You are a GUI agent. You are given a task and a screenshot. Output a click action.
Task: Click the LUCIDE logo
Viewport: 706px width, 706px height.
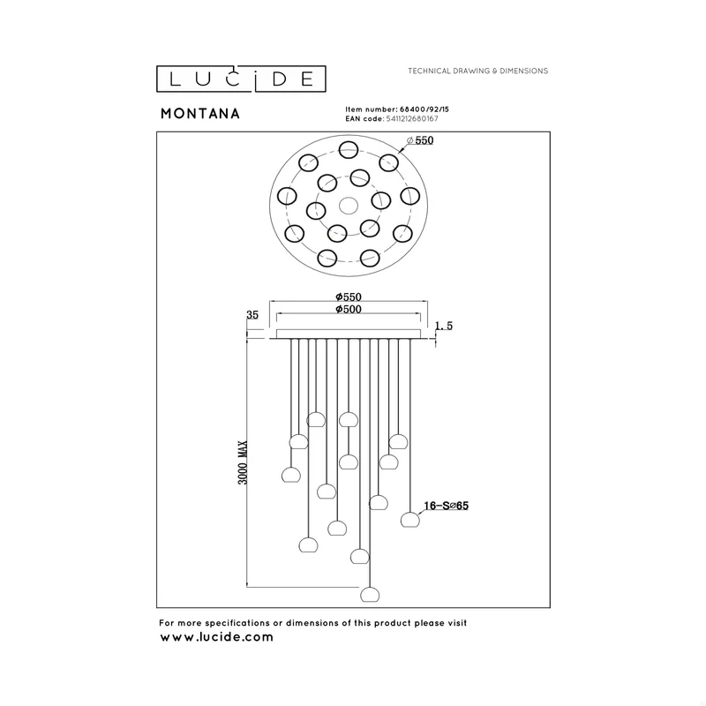pyautogui.click(x=241, y=79)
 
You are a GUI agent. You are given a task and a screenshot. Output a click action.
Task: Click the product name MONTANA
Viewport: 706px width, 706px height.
pyautogui.click(x=200, y=114)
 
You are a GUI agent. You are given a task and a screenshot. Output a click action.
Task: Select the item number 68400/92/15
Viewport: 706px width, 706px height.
pyautogui.click(x=424, y=109)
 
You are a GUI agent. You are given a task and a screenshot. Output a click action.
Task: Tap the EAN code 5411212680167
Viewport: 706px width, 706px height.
pyautogui.click(x=412, y=119)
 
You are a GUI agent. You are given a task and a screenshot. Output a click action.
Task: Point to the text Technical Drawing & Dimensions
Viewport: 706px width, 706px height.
pyautogui.click(x=477, y=71)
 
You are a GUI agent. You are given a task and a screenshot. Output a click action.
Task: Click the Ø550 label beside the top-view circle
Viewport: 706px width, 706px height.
pyautogui.click(x=420, y=140)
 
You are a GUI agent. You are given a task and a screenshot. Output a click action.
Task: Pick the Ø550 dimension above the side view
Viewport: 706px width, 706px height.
pyautogui.click(x=349, y=297)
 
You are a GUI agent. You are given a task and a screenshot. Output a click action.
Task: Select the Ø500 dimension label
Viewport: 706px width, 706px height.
pyautogui.click(x=349, y=309)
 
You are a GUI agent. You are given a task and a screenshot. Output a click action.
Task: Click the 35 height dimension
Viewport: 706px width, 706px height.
pyautogui.click(x=252, y=315)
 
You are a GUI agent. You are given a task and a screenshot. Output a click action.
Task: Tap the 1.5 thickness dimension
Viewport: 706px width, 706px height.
pyautogui.click(x=444, y=326)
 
